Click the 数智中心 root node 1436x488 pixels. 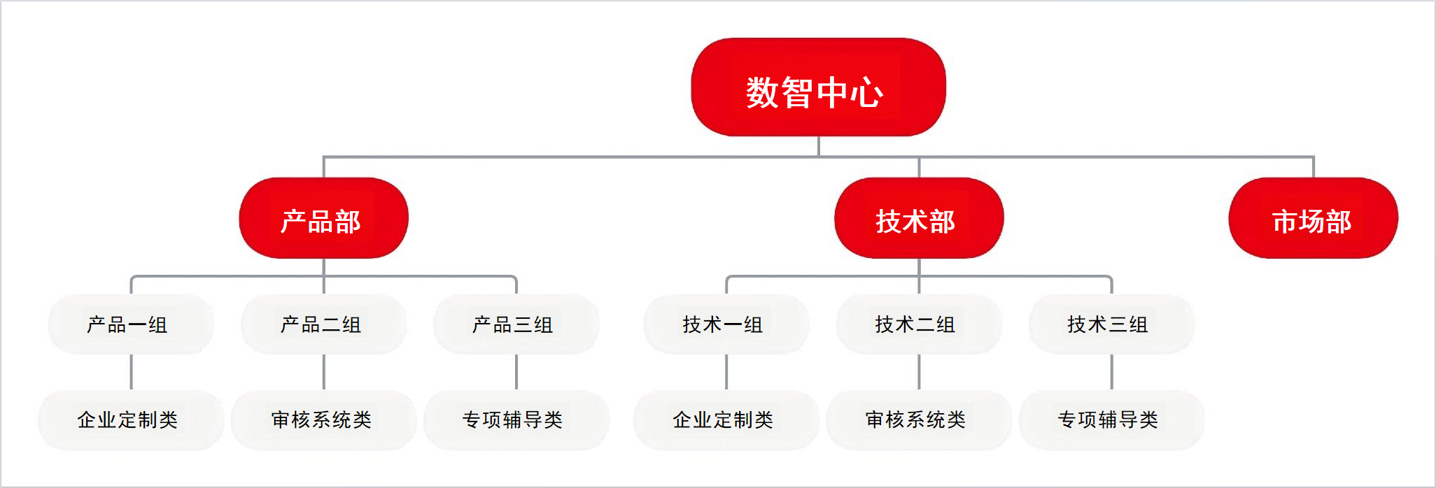[818, 87]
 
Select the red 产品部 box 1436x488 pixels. [323, 218]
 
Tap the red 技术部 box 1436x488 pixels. [919, 218]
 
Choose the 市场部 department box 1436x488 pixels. [1313, 218]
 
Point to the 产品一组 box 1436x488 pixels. [131, 324]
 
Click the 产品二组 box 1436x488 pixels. [323, 324]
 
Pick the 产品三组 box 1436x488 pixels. [516, 324]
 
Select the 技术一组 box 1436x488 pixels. [726, 324]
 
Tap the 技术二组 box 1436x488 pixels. [919, 324]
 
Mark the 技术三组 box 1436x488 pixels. [1111, 324]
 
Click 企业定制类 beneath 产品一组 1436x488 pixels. [131, 419]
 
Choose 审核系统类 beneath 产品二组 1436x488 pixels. [323, 419]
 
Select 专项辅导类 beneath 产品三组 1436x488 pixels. [516, 419]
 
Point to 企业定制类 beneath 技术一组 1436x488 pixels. [726, 419]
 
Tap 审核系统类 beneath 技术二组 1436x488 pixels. [919, 419]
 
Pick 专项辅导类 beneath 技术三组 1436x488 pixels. [1111, 419]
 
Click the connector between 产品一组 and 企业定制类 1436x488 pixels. [131, 372]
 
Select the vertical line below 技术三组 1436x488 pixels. [1111, 372]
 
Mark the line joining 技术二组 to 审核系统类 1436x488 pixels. [919, 372]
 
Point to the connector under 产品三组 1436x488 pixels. [516, 372]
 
